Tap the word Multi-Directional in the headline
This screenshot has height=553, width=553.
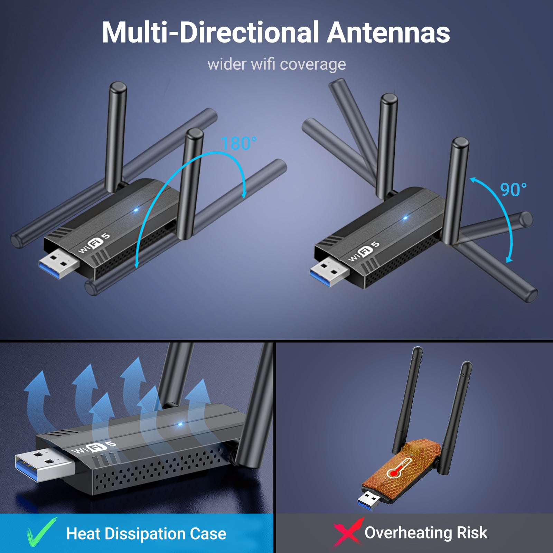(x=210, y=32)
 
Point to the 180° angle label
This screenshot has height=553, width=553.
(x=239, y=143)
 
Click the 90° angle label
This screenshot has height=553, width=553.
(x=513, y=190)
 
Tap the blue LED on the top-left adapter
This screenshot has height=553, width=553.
(x=136, y=210)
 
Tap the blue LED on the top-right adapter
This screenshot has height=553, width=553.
(x=405, y=218)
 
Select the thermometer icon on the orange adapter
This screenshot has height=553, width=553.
(x=399, y=468)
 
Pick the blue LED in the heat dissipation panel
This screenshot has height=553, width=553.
(x=180, y=424)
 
